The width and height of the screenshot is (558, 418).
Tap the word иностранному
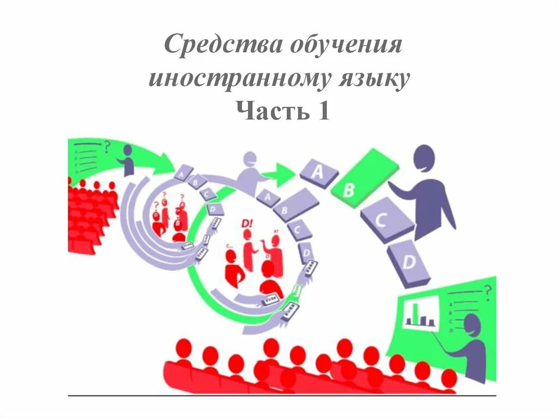click(238, 79)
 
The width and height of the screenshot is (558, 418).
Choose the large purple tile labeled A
click(319, 173)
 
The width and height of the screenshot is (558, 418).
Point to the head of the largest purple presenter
click(424, 160)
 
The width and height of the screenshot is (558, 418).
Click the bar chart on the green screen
click(420, 315)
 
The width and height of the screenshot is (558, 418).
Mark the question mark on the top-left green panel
click(107, 146)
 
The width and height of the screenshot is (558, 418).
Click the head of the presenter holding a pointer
click(472, 325)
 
